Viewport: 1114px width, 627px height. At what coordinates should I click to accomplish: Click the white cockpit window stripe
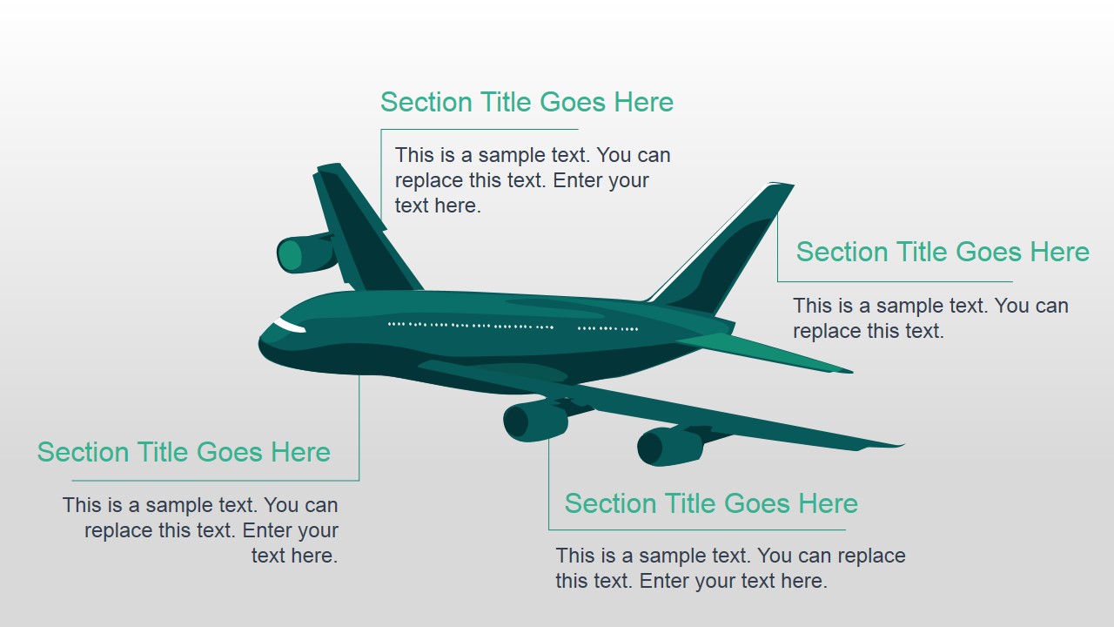point(289,326)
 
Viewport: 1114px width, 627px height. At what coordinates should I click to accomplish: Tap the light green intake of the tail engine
point(290,255)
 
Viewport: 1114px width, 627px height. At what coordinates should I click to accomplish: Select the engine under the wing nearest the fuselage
point(535,421)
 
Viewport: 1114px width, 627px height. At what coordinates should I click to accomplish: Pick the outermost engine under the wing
point(669,446)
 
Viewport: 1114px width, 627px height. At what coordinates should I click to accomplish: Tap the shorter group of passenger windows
point(607,329)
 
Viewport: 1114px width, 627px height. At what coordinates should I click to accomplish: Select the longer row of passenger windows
point(471,326)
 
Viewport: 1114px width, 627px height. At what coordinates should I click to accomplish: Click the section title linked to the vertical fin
point(527,103)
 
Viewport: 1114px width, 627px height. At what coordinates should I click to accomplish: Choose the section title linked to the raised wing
point(943,252)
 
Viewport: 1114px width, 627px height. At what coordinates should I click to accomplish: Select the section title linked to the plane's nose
point(184,452)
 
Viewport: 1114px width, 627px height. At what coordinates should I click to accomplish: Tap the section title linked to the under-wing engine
point(711,503)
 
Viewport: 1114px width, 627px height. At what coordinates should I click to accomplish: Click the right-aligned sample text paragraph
point(200,530)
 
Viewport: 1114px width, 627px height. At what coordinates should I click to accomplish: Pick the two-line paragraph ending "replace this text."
point(930,319)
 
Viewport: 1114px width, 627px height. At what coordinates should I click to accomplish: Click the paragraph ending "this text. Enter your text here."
point(730,569)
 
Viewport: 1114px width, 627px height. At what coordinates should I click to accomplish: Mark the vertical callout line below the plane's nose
point(359,428)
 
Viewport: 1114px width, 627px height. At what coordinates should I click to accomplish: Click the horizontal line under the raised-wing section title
point(896,281)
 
